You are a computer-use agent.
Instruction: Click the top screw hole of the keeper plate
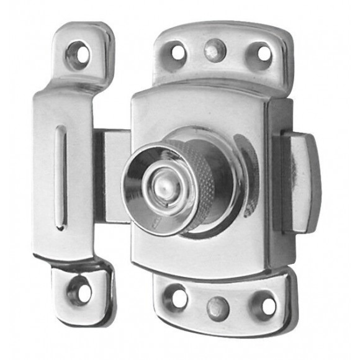tap(78, 54)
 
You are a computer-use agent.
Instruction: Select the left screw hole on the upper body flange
tap(176, 52)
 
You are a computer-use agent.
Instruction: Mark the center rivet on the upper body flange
tap(215, 50)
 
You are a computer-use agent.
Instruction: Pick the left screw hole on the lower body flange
tap(177, 297)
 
